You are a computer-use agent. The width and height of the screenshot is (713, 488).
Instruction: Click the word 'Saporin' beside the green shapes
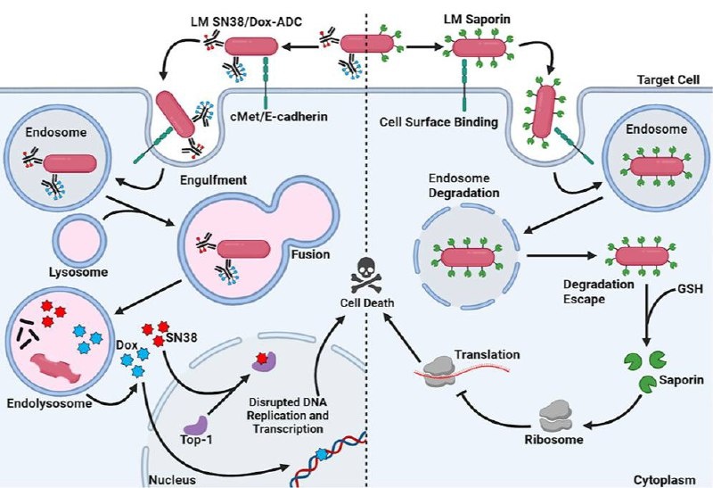[683, 380]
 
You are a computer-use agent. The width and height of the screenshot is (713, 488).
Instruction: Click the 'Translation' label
[488, 354]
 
